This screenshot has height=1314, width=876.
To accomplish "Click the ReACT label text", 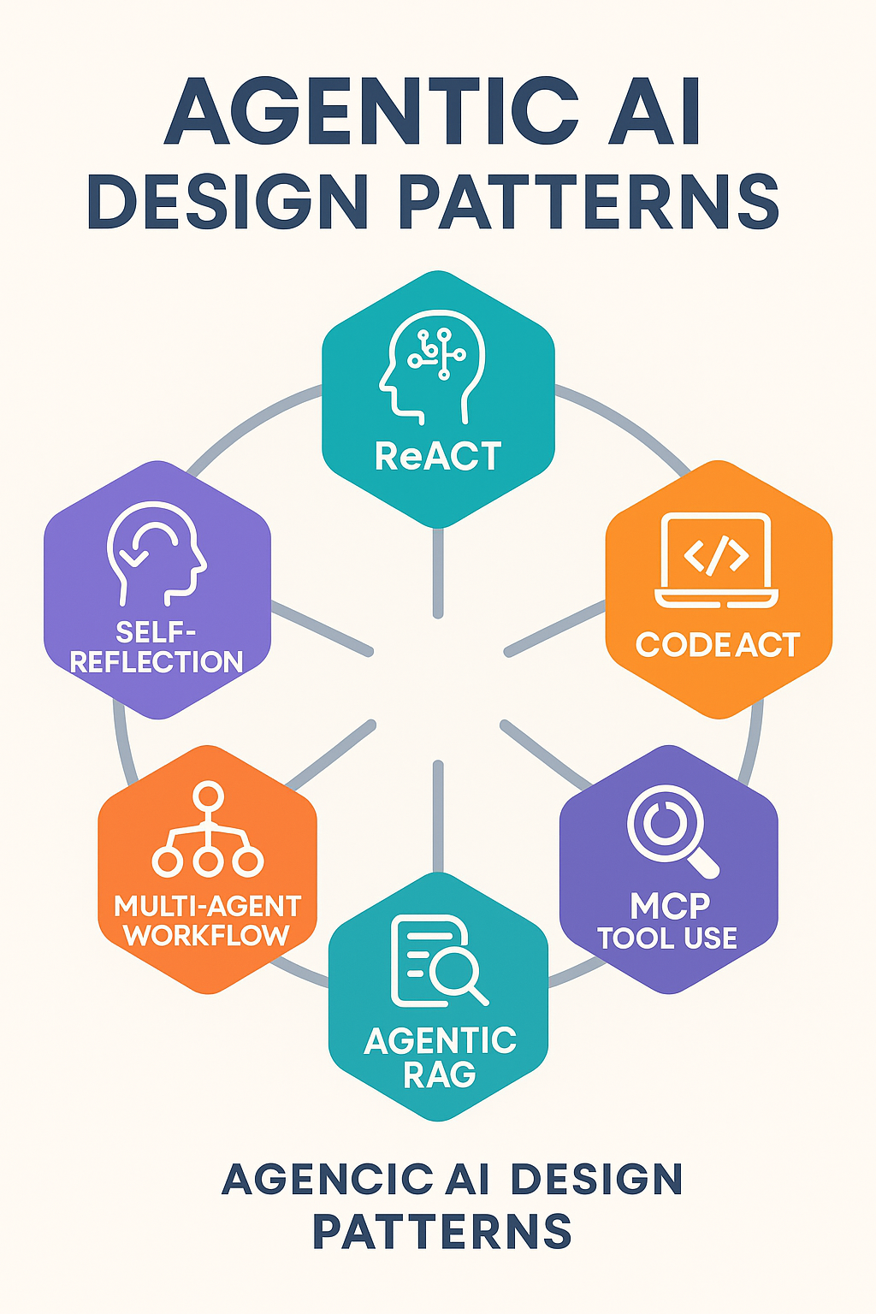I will [x=438, y=457].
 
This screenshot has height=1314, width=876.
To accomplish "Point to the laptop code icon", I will [x=717, y=559].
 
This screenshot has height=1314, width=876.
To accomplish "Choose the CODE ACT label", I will [x=718, y=645].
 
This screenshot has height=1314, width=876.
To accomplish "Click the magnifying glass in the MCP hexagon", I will [x=671, y=829].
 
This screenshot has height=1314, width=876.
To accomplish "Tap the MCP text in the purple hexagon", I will [x=670, y=906].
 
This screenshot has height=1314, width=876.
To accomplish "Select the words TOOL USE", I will [x=667, y=938].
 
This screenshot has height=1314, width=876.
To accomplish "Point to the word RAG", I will [x=439, y=1074].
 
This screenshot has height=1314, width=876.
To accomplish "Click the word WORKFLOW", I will [x=207, y=935].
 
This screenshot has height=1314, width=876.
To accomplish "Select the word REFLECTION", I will [x=157, y=662].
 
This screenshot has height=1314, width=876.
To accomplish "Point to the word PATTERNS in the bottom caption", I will [x=441, y=1232].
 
